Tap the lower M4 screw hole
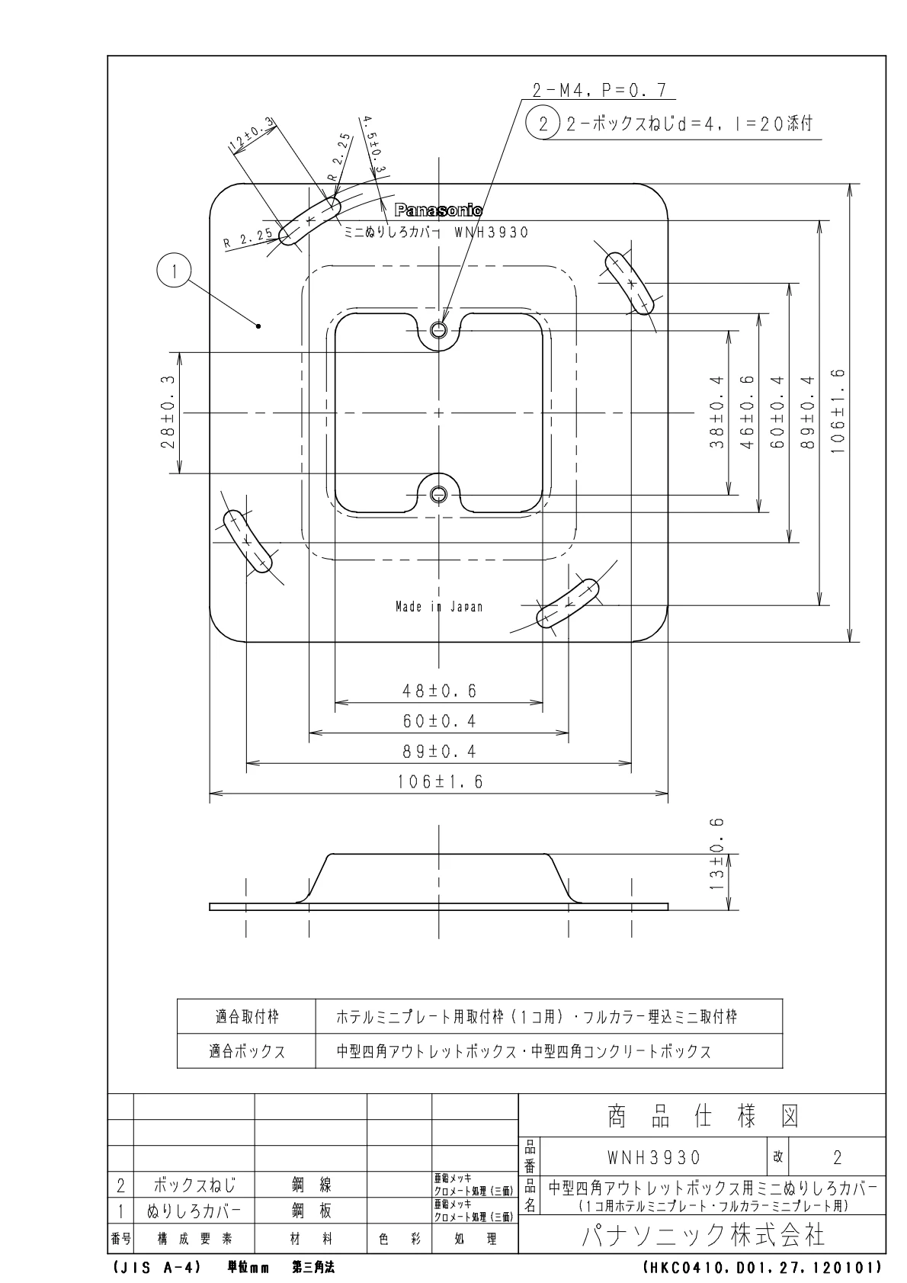coord(438,495)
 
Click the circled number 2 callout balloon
coord(543,123)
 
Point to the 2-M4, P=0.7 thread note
coord(599,91)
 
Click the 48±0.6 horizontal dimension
coord(439,691)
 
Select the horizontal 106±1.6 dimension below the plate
coord(439,782)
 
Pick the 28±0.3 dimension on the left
coord(168,413)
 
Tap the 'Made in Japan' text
coord(439,607)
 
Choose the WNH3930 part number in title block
coord(653,1157)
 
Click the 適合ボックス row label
coord(247,1051)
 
